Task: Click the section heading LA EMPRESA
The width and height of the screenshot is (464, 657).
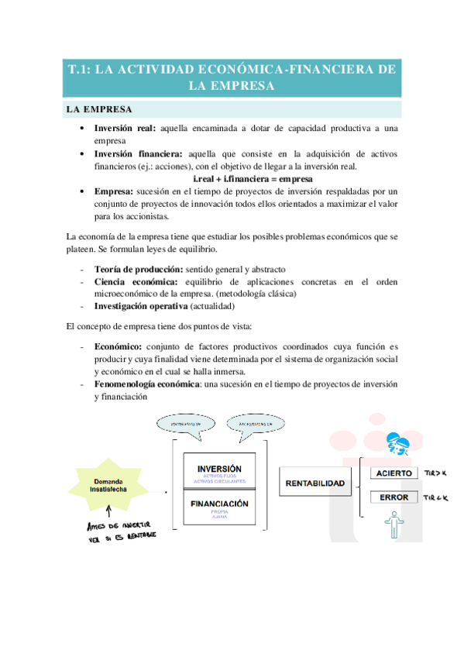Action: pos(99,108)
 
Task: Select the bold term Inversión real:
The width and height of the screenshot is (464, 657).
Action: pos(125,128)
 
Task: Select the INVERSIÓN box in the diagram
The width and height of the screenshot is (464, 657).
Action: pos(219,473)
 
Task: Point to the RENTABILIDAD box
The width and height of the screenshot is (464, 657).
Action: pos(315,483)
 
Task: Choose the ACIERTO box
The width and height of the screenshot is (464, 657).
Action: pos(393,473)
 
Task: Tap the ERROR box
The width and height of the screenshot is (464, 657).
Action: pos(393,497)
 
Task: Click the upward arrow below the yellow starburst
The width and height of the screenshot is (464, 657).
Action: pos(110,510)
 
